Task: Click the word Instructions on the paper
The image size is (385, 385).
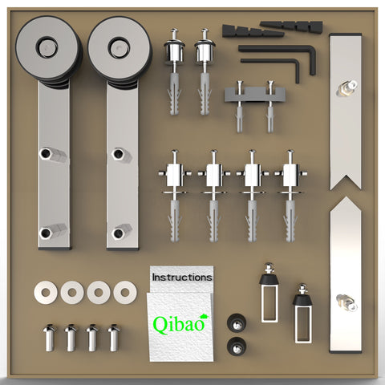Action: (x=182, y=277)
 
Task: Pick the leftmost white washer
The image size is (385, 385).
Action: (x=46, y=292)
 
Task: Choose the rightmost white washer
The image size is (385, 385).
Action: (x=124, y=292)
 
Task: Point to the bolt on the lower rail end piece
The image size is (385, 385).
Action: (x=347, y=302)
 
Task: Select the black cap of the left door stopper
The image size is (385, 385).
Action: (x=269, y=281)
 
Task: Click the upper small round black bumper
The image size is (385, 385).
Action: (x=235, y=322)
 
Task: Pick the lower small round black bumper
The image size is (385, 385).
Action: (x=235, y=346)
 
